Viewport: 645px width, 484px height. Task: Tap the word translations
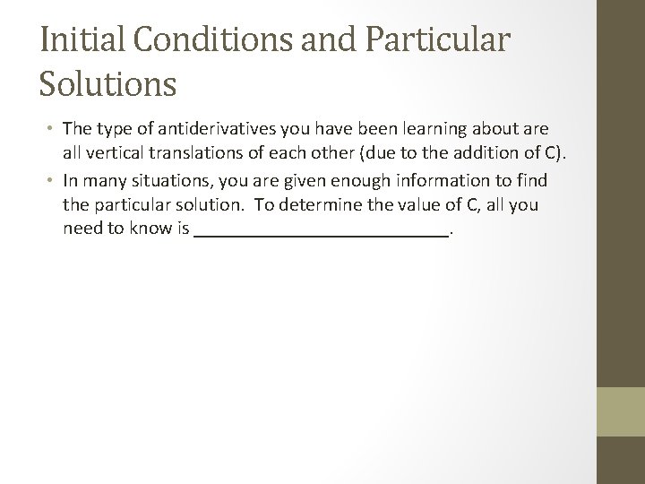196,154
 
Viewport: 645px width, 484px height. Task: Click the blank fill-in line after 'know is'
322,230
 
